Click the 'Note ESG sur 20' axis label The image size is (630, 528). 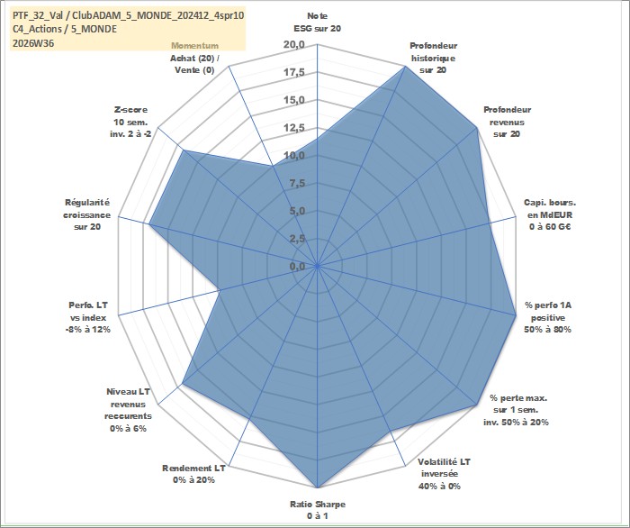(x=317, y=23)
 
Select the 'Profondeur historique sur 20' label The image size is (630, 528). (x=433, y=58)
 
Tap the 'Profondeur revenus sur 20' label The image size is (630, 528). (x=507, y=122)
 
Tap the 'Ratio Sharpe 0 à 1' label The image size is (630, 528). (x=318, y=510)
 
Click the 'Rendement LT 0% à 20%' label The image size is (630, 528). (x=193, y=474)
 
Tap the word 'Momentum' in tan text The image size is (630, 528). (x=195, y=46)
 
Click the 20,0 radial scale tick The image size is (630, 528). (x=294, y=45)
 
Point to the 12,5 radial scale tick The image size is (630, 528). (x=294, y=128)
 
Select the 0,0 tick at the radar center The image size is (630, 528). (x=297, y=267)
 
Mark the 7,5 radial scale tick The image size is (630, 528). (x=297, y=184)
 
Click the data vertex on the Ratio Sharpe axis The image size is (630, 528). (x=318, y=487)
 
